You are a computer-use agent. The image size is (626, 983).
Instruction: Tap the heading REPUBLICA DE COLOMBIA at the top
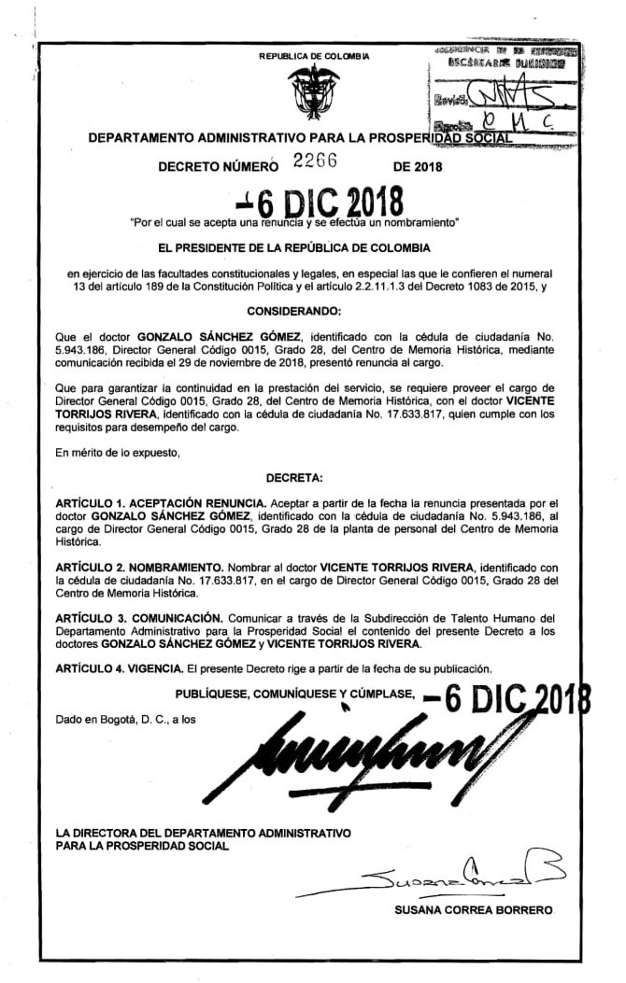(314, 57)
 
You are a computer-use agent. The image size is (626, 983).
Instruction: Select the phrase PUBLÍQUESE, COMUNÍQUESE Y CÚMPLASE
(294, 693)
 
